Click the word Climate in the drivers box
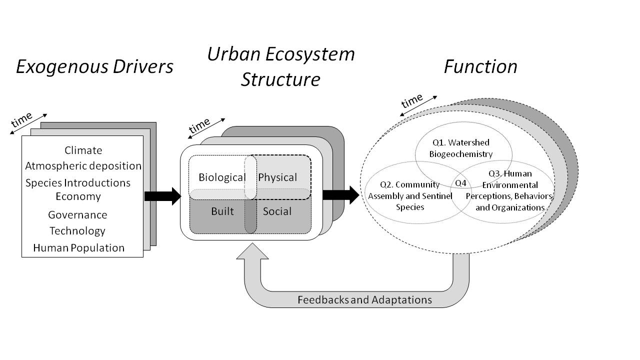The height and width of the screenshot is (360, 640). pos(83,150)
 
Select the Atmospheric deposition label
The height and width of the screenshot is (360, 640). pos(83,166)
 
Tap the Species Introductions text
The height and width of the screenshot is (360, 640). pos(78,183)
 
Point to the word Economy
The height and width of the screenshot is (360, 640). pos(78,196)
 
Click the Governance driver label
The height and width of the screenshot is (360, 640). pos(77,215)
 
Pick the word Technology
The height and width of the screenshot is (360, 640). pos(77,231)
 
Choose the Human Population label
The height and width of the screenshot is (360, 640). pos(79,248)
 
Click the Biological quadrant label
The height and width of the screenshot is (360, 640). pos(222,177)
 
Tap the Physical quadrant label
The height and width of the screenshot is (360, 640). pos(277,177)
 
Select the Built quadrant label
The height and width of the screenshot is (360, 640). pos(222,211)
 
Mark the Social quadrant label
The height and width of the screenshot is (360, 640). pos(277,211)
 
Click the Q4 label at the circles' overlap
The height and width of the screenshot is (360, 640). pos(460,183)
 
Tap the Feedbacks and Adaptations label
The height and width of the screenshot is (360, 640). pos(364,300)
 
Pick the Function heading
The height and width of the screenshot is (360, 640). pos(480,67)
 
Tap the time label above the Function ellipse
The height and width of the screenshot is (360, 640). pos(412,101)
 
